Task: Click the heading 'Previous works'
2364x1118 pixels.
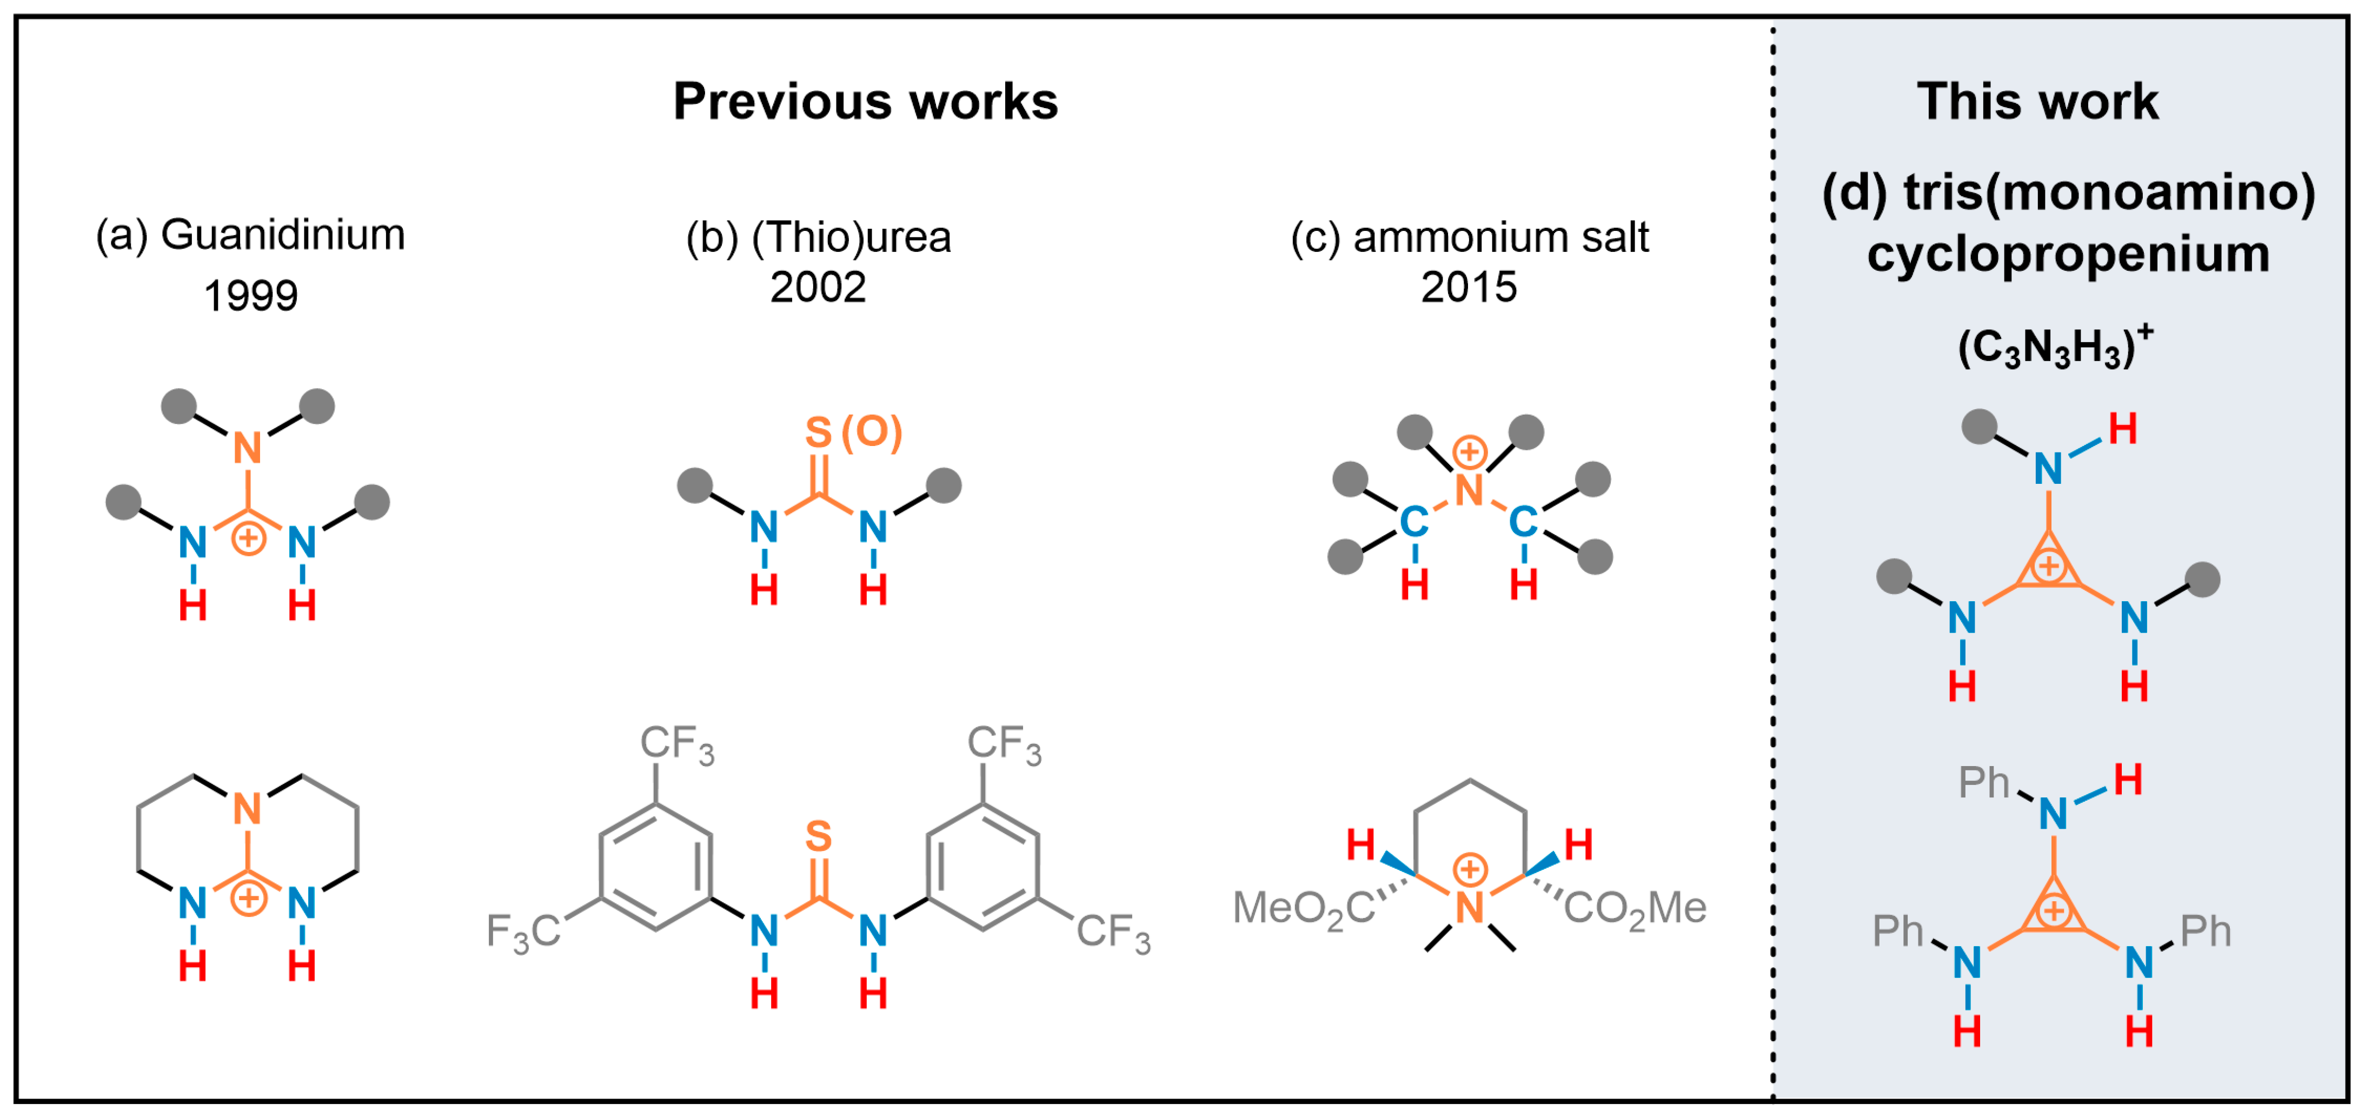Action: click(865, 101)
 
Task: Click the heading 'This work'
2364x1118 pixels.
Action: click(2037, 101)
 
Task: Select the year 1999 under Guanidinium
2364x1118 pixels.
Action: click(250, 296)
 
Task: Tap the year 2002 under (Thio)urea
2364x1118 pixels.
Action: click(818, 287)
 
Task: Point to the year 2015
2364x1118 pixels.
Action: click(1469, 287)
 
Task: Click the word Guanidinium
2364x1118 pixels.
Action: click(283, 235)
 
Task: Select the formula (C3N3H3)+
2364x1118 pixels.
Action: click(2054, 348)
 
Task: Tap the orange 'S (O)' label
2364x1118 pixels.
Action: click(853, 431)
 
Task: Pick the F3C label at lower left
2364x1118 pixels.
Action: click(523, 931)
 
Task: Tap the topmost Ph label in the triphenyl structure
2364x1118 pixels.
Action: click(1983, 783)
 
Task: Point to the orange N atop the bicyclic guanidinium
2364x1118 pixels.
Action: click(248, 809)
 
